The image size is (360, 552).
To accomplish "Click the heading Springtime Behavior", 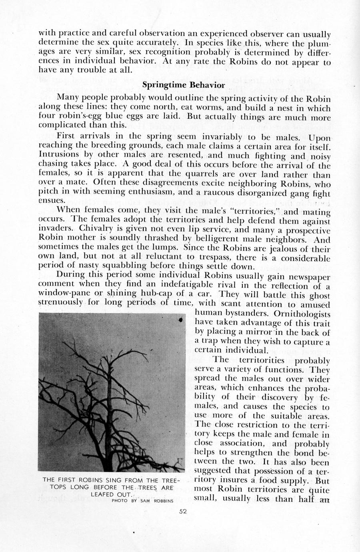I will tap(184, 85).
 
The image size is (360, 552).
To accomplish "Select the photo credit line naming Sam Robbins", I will tap(142, 500).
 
